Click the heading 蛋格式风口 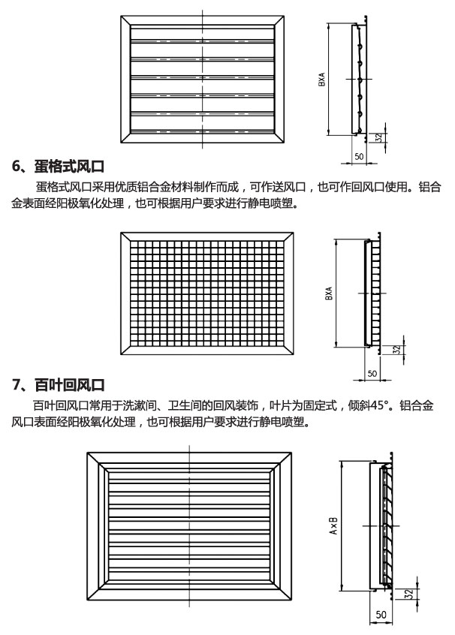point(69,167)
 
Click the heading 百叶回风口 point(69,384)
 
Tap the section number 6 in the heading point(16,167)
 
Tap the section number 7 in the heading point(16,384)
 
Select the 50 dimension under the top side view point(359,156)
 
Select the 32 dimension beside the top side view point(379,137)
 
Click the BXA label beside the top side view point(321,80)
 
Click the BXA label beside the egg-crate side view point(329,293)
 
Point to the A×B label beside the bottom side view point(333,525)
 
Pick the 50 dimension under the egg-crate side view point(372,373)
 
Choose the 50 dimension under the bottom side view point(381,615)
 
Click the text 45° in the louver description point(378,405)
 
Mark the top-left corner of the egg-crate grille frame point(121,233)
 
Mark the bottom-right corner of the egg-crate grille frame point(294,355)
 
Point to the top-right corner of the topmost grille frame point(284,17)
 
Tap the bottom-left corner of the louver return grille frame point(86,600)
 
